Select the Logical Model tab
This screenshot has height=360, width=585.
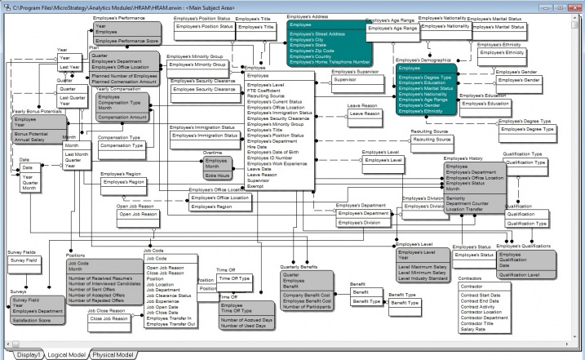[67, 355]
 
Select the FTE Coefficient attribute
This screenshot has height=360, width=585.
[267, 91]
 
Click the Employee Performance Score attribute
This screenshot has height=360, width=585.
[126, 40]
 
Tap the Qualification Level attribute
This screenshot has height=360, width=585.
[519, 275]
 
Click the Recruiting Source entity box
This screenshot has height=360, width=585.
[432, 140]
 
